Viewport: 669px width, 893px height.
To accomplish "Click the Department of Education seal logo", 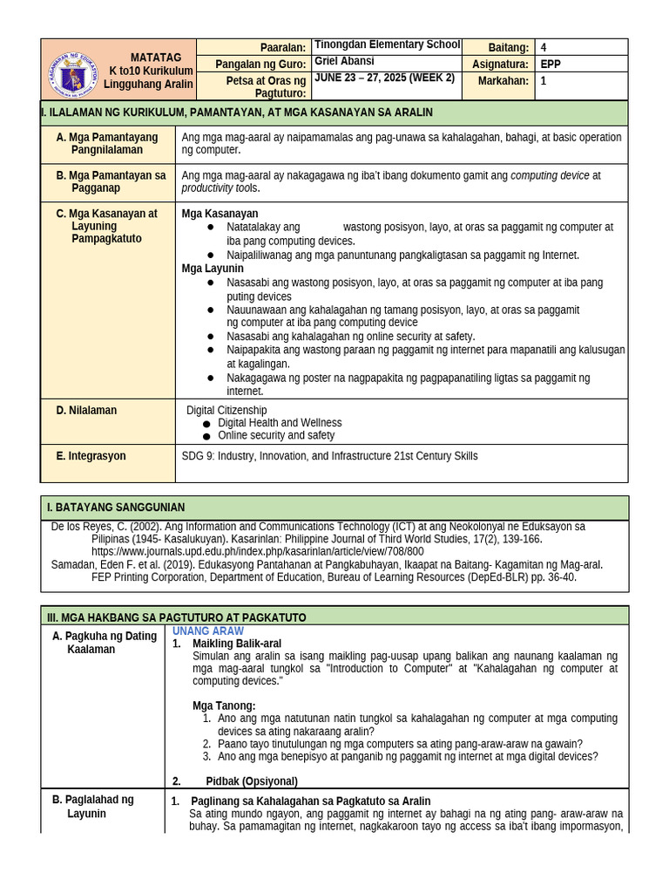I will (x=72, y=73).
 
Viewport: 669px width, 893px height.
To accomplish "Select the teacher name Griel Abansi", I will (x=344, y=62).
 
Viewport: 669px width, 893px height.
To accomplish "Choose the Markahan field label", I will (x=503, y=80).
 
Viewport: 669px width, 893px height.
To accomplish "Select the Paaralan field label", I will (x=283, y=47).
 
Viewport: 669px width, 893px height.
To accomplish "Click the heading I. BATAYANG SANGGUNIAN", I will (x=115, y=508).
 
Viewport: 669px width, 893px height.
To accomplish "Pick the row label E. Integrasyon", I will (x=91, y=455).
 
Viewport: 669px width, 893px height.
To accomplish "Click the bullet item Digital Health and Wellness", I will (x=280, y=423).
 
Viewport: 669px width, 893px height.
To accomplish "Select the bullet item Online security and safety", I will (x=275, y=435).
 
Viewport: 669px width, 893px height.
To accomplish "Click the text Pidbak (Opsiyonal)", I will (x=251, y=781).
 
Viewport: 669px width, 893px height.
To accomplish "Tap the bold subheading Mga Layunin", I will (x=212, y=269).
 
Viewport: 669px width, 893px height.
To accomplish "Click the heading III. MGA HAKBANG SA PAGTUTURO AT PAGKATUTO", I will (x=175, y=617).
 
